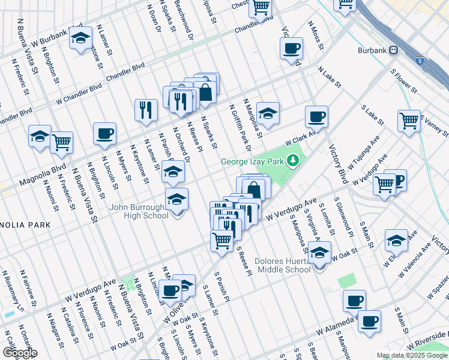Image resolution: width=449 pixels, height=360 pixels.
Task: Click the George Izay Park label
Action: pos(253,161)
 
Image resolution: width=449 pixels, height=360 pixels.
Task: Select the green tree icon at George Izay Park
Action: pos(293,160)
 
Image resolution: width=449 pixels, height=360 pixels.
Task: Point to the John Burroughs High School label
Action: pos(139,212)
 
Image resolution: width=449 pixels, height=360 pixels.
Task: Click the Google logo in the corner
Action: pos(19,352)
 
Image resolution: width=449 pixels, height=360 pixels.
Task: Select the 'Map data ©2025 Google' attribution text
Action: pos(412,355)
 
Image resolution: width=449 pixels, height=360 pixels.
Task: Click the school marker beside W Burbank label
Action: pos(80,38)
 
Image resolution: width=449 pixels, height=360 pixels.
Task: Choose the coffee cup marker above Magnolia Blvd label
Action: pos(104,134)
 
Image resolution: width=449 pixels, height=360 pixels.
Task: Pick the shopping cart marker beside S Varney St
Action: pos(409,121)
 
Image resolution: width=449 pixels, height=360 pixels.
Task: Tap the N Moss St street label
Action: pos(315,35)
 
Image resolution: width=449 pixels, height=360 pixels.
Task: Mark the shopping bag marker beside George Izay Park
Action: pos(255,188)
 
